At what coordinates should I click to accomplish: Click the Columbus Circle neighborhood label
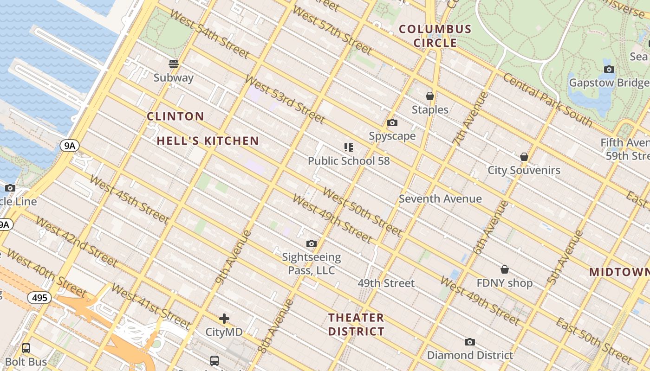pyautogui.click(x=435, y=36)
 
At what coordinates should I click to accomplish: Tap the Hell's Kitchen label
pyautogui.click(x=208, y=141)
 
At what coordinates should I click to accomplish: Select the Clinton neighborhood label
pyautogui.click(x=175, y=116)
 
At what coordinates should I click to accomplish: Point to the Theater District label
pyautogui.click(x=356, y=325)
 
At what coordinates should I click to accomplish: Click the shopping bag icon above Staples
pyautogui.click(x=430, y=96)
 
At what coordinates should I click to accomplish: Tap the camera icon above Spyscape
pyautogui.click(x=392, y=123)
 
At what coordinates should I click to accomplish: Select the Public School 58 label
pyautogui.click(x=349, y=161)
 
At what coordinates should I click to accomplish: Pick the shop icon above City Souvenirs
pyautogui.click(x=524, y=157)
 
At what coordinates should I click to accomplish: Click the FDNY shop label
pyautogui.click(x=504, y=283)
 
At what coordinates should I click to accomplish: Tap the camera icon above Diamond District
pyautogui.click(x=470, y=342)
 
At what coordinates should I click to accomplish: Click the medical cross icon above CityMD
pyautogui.click(x=224, y=319)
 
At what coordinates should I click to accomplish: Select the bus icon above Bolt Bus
pyautogui.click(x=26, y=348)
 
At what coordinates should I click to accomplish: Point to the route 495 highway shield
pyautogui.click(x=39, y=298)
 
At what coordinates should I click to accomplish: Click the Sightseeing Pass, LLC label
pyautogui.click(x=312, y=263)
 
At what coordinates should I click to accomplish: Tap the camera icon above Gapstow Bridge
pyautogui.click(x=609, y=70)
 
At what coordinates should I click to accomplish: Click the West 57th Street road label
pyautogui.click(x=332, y=31)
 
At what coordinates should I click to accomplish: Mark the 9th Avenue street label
pyautogui.click(x=234, y=256)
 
